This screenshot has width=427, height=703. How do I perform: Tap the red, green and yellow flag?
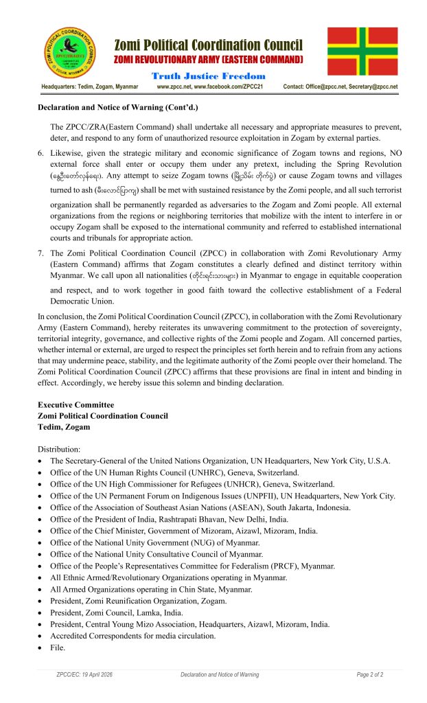362,51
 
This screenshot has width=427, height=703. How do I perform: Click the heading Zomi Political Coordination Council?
208,45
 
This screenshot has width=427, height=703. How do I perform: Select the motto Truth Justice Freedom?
208,76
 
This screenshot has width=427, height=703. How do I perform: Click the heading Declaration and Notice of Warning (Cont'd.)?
117,107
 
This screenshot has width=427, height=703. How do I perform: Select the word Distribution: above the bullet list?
59,449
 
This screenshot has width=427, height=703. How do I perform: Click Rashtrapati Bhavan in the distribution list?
185,519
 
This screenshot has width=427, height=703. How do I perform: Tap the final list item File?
58,647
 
